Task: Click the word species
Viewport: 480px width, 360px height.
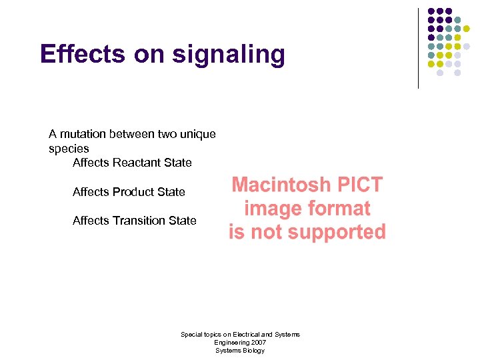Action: click(x=69, y=149)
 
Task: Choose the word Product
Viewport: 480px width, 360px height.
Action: click(x=135, y=192)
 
